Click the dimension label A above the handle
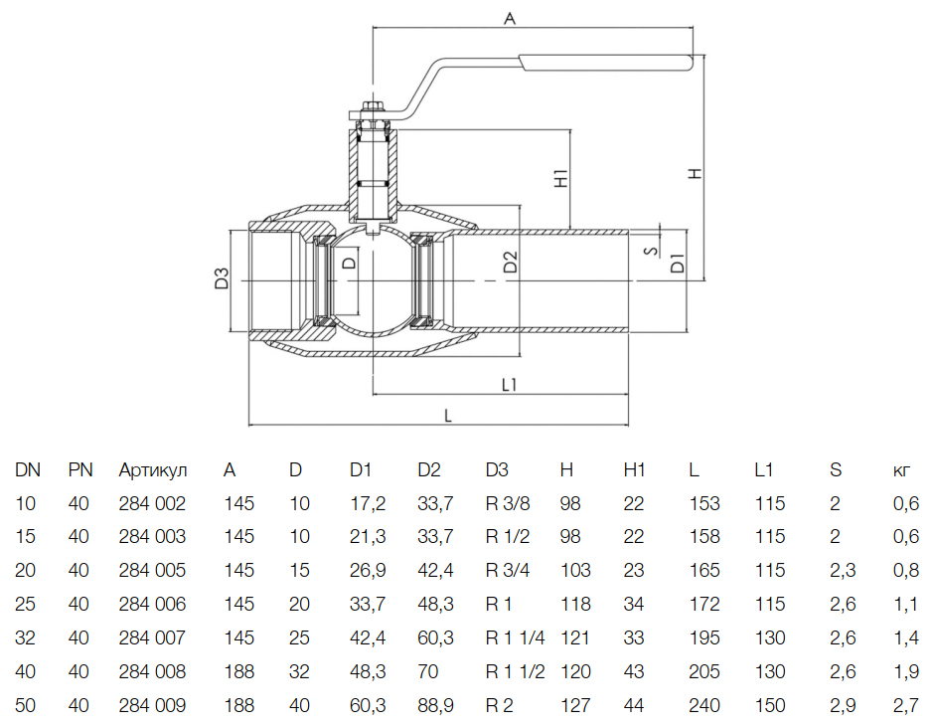point(511,17)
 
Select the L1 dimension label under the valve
point(510,383)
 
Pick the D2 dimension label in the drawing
point(509,263)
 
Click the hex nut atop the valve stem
point(373,108)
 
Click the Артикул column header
point(152,470)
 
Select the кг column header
point(903,470)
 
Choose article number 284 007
point(152,638)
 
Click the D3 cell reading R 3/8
point(508,504)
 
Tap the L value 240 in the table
point(704,706)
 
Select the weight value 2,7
point(906,706)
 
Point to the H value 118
point(575,605)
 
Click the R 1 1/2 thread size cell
point(516,672)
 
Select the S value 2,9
point(842,706)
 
